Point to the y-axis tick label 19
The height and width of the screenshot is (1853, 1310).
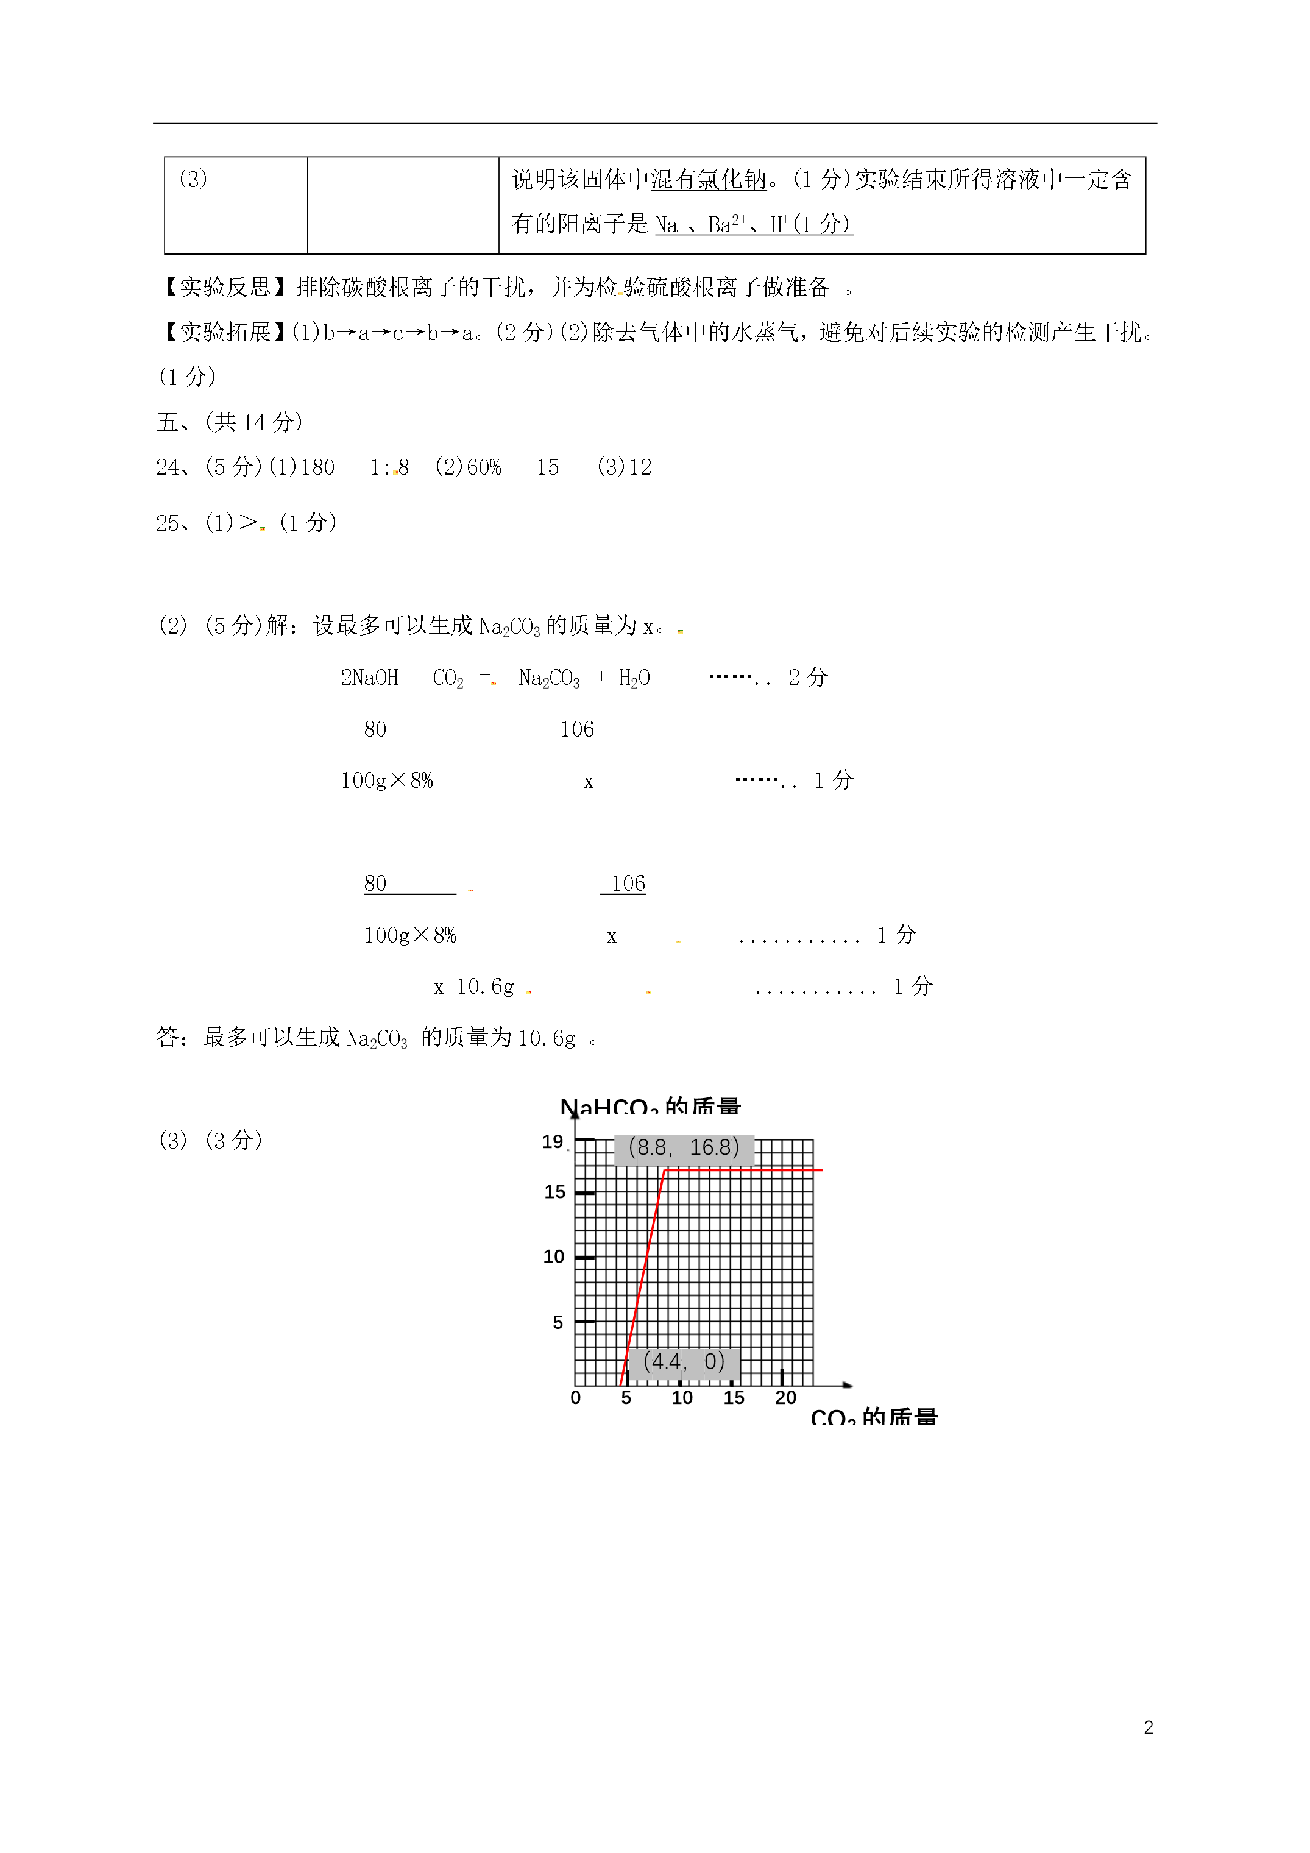point(552,1142)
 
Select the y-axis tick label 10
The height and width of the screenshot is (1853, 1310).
point(554,1256)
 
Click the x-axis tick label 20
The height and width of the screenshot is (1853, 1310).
point(785,1398)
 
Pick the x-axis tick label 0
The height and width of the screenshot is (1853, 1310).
point(576,1398)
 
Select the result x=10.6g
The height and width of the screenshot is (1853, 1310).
point(474,987)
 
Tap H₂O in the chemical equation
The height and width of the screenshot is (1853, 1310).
point(634,678)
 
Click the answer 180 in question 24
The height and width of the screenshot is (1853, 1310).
point(317,467)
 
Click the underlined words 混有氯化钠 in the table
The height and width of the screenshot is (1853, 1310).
point(708,179)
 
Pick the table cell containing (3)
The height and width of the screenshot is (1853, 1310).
point(236,205)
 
